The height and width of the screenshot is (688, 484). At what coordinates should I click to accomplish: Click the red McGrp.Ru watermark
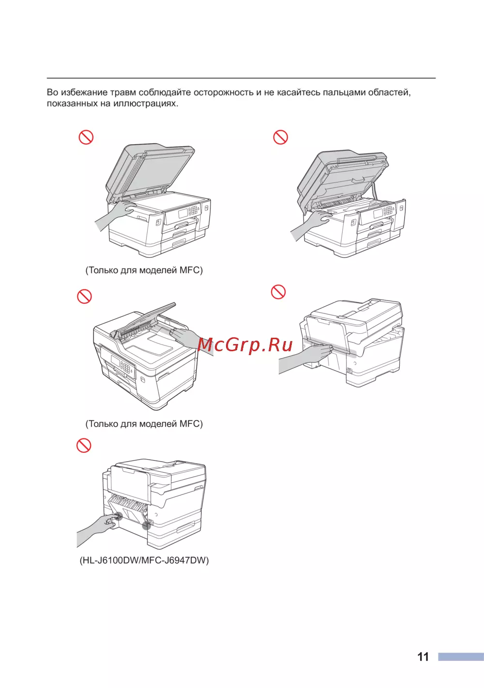point(245,345)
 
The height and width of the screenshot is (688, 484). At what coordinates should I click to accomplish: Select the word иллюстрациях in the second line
point(146,104)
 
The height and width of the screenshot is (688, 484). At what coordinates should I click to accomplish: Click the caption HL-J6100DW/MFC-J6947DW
point(144,561)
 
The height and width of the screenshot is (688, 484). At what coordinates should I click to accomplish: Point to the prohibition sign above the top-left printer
point(86,137)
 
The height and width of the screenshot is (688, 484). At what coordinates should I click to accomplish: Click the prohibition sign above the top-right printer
point(281,137)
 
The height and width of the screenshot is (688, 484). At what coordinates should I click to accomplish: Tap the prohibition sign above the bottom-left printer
point(84,445)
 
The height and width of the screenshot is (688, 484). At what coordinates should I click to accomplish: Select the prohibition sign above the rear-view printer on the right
point(278,291)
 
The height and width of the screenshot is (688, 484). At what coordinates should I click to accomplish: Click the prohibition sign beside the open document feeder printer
point(85,297)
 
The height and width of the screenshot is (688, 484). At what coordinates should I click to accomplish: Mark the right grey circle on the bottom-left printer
point(146,525)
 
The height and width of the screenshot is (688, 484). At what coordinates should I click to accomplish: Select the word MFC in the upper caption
point(189,270)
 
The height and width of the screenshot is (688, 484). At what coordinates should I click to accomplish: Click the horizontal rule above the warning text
point(241,78)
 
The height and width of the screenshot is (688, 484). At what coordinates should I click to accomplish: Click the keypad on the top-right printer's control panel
point(389,210)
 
